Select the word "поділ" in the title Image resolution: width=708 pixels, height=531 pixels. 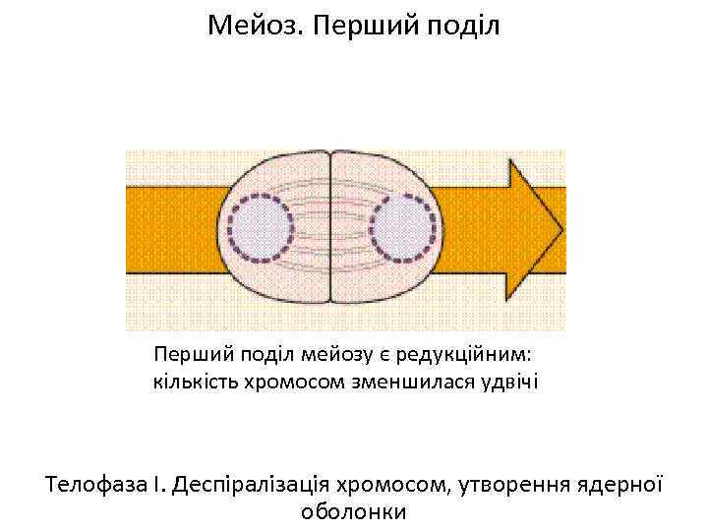pos(465,25)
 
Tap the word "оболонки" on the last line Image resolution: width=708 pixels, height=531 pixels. pos(353,512)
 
